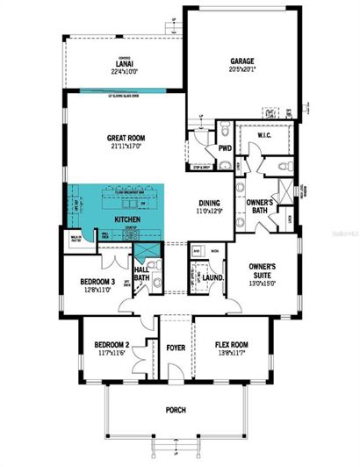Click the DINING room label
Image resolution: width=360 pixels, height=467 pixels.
tap(207, 201)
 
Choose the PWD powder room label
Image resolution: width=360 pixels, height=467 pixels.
tap(225, 147)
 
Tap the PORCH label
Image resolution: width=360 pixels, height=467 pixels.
tap(175, 410)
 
